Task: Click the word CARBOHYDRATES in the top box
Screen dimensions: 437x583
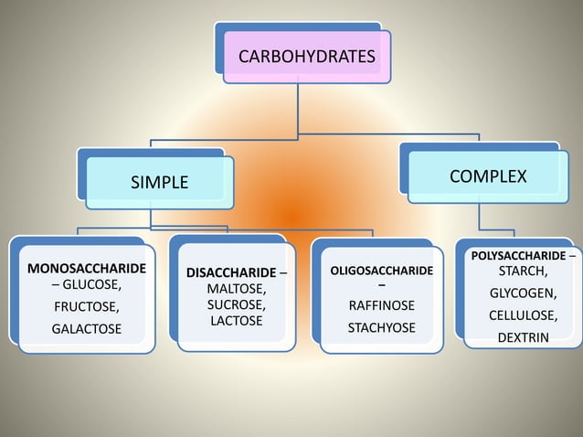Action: click(306, 58)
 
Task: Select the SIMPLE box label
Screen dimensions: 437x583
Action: click(159, 182)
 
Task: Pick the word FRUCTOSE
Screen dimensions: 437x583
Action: click(86, 306)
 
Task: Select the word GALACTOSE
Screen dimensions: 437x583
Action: click(86, 328)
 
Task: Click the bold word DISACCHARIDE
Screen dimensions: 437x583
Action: click(230, 273)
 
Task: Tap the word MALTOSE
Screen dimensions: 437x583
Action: click(235, 289)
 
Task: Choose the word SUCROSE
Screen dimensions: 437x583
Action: click(235, 304)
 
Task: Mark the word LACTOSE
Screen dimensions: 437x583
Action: click(236, 321)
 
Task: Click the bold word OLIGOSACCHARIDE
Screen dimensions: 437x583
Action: click(381, 272)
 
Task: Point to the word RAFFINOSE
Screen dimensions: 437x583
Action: click(381, 305)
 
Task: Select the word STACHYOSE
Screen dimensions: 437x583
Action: click(381, 327)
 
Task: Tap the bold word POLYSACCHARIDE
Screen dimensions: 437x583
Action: click(518, 255)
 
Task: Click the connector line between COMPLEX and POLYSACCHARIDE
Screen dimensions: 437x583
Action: click(480, 218)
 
